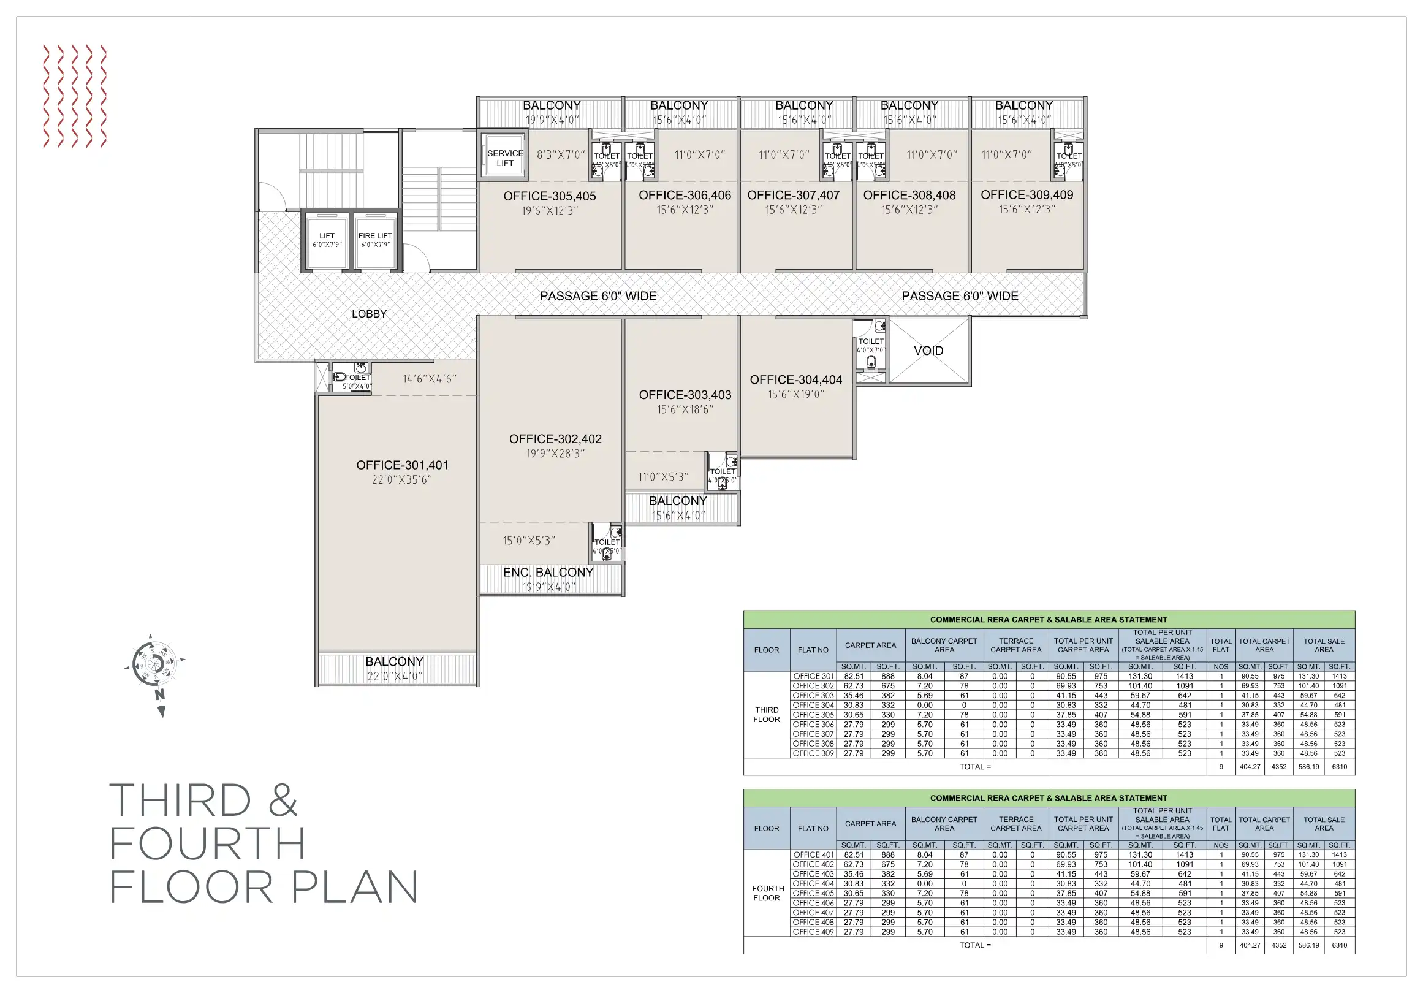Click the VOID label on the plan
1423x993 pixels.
coord(928,351)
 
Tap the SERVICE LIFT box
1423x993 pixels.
coord(504,158)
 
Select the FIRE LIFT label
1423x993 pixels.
coord(375,236)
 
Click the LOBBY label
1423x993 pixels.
coord(369,314)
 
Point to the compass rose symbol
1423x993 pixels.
coord(155,665)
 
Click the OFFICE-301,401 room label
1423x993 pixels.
coord(401,465)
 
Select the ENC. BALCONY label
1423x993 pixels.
coord(548,573)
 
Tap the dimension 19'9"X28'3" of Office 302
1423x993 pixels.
coord(555,454)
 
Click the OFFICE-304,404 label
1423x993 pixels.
coord(796,380)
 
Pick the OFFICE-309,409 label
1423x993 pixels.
coord(1026,195)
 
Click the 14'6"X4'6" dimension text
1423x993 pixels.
coord(430,379)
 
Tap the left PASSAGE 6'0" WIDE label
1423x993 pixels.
coord(598,296)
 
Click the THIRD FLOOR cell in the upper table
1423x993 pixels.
coord(767,715)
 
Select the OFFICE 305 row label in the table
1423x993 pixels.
coord(813,715)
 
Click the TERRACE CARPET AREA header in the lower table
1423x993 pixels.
coord(1015,824)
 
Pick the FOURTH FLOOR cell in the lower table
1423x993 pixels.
coord(767,893)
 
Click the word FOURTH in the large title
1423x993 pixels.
coord(208,843)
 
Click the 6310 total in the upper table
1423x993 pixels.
coord(1339,767)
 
